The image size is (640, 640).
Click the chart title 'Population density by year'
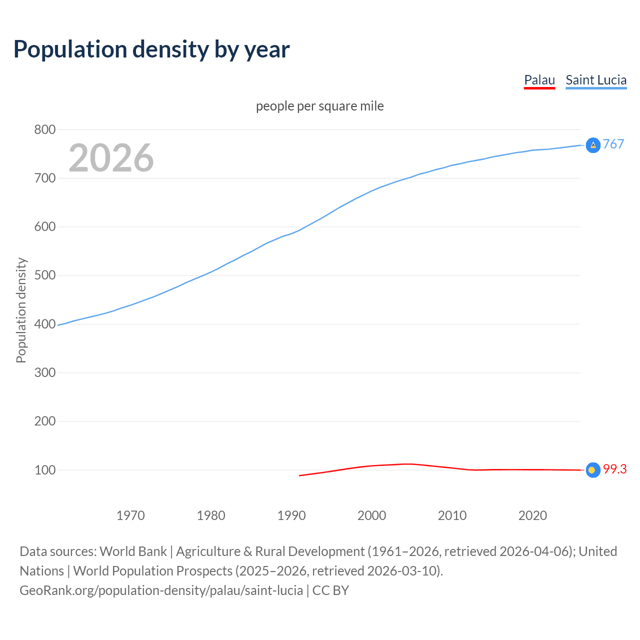tap(151, 49)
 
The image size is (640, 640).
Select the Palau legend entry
tap(539, 80)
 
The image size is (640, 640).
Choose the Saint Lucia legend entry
tap(596, 80)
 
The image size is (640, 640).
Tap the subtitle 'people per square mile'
tap(320, 106)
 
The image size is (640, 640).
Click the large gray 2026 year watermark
tap(111, 158)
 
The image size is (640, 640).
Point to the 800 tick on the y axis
tap(44, 130)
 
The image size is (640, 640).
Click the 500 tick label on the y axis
tap(44, 275)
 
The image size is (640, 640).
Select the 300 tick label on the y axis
tap(44, 372)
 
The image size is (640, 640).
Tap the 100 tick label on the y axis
tap(44, 470)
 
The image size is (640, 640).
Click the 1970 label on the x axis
tap(130, 515)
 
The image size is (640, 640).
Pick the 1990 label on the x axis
tap(291, 515)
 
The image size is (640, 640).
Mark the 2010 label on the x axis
tap(452, 515)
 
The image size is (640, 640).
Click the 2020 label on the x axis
tap(532, 515)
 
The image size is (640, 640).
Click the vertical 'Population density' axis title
tap(21, 310)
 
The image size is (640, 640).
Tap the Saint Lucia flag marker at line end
tap(593, 145)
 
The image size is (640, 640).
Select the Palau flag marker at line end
tap(592, 470)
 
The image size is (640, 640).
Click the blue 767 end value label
tap(613, 144)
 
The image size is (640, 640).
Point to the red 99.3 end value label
tap(615, 469)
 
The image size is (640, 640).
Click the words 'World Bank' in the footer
tap(133, 551)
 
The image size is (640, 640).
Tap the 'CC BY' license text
tap(330, 590)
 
